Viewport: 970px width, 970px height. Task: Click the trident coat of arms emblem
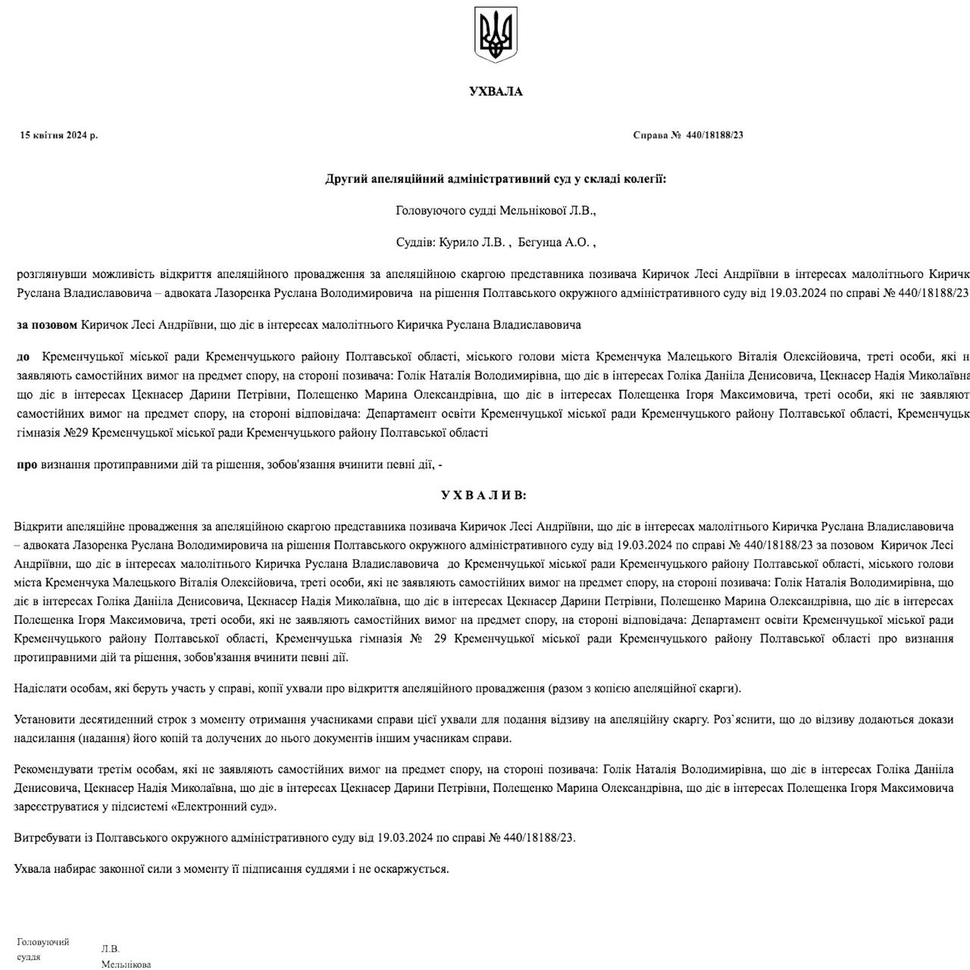(496, 34)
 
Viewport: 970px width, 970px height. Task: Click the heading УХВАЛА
(496, 92)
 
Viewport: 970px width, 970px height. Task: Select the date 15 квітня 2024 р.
(59, 136)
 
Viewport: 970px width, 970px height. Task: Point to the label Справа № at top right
(657, 136)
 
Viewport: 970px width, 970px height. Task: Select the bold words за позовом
(47, 325)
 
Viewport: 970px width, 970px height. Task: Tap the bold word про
(27, 465)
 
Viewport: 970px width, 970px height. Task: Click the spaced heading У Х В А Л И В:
(483, 496)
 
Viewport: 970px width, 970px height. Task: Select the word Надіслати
(39, 689)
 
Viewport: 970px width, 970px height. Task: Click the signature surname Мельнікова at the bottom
(126, 965)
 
